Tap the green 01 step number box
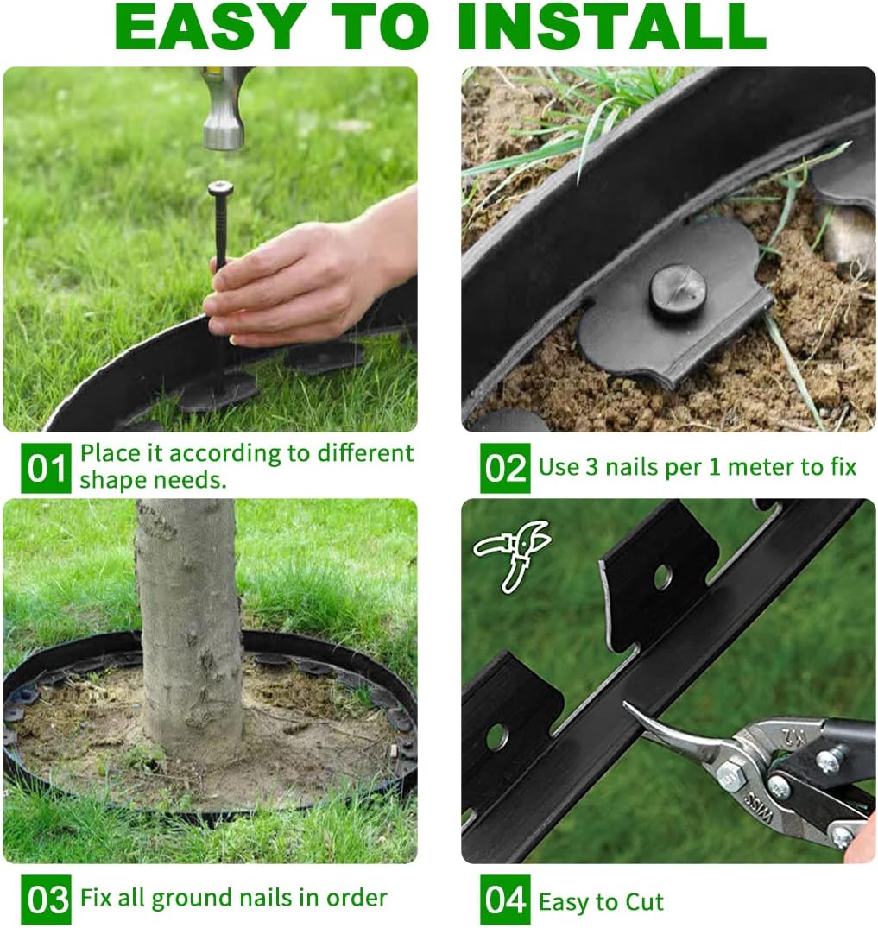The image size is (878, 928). click(46, 469)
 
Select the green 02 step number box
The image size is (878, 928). click(505, 469)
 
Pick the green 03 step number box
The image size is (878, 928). click(46, 899)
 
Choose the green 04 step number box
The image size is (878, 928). click(505, 900)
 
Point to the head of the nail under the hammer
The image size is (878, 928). click(220, 188)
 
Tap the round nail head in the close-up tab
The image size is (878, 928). click(678, 292)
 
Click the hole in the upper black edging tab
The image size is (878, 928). click(662, 577)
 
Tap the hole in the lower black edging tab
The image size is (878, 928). click(496, 736)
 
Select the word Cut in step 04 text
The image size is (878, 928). click(646, 903)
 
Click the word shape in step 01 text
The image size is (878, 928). click(111, 481)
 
